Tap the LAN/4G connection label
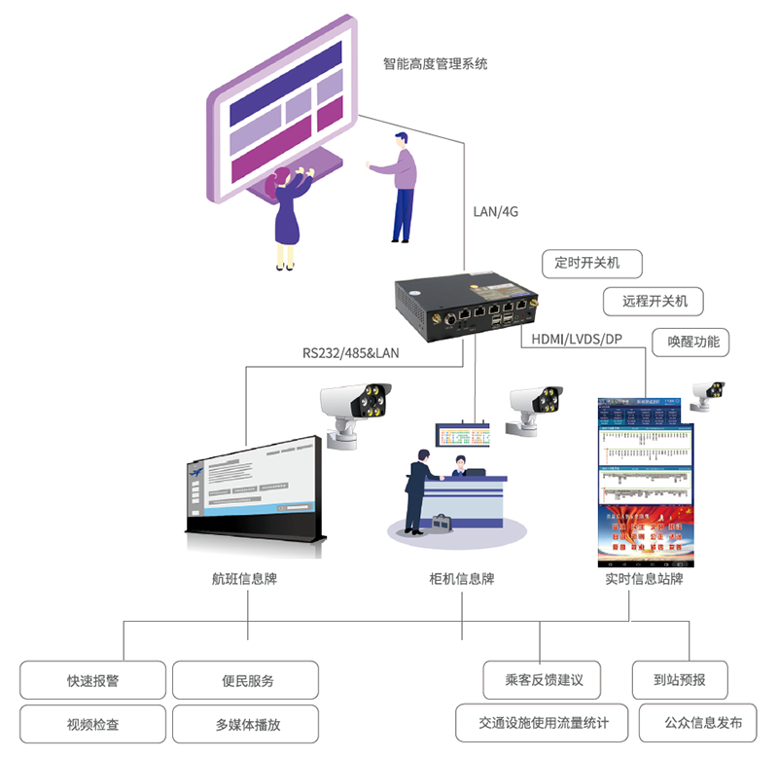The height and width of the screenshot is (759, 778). point(496,212)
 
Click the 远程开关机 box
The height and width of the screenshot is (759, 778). point(654,302)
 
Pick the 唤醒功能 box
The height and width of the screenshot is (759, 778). point(693,342)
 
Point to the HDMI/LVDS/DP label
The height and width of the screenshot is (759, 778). point(576,339)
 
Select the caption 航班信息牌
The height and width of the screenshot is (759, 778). point(244,579)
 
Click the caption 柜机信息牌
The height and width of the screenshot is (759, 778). point(462,579)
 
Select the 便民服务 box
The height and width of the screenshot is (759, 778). point(246,680)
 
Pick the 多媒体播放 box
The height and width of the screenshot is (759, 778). point(246,724)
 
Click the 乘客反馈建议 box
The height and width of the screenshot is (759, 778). point(543,680)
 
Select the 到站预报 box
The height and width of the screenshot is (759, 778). point(681,680)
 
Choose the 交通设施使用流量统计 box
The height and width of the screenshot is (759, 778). point(543,723)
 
